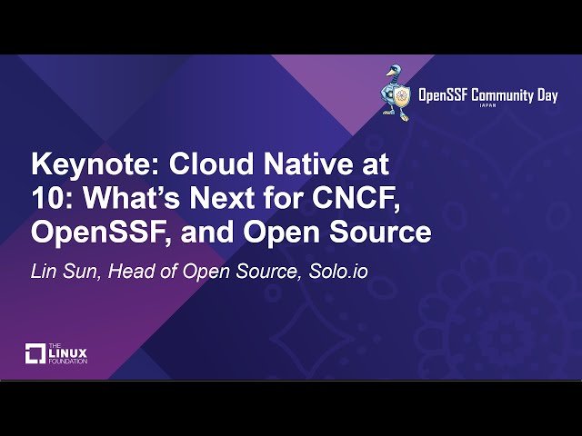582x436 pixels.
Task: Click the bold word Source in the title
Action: (x=379, y=233)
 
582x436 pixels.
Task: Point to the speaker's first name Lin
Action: (x=45, y=271)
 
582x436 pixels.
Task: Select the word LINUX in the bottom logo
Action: (x=68, y=352)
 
